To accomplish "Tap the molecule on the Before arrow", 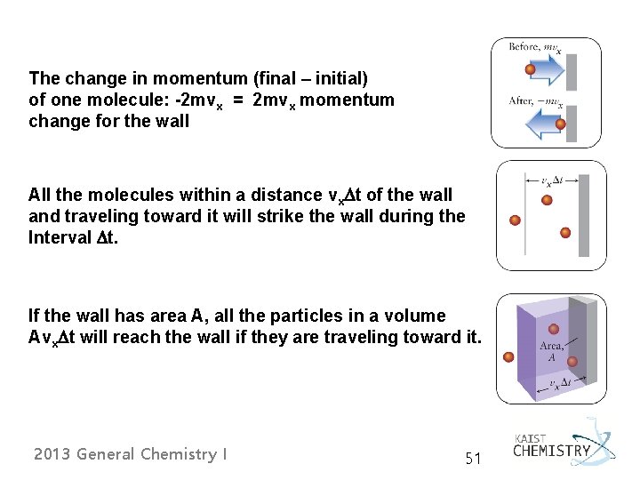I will (530, 69).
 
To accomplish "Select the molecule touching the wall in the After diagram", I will (560, 124).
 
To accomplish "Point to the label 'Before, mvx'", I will (534, 47).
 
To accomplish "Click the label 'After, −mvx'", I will (534, 101).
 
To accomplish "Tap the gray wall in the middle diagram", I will (584, 216).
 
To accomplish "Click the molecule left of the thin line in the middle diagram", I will (515, 220).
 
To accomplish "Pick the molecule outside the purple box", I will (508, 357).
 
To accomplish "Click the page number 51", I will (473, 459).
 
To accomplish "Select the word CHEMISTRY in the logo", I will (551, 451).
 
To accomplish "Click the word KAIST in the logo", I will (530, 437).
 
